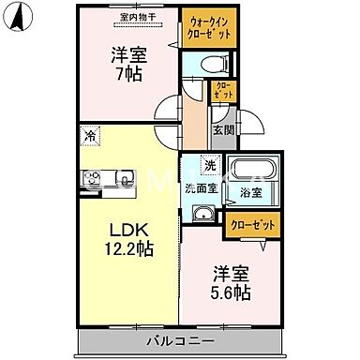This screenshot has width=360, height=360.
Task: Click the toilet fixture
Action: point(214,64)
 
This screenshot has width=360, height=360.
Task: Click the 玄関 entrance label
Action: point(222,130)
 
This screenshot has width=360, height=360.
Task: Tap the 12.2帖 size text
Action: point(127,250)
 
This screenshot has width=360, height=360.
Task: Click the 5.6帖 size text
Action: point(230,292)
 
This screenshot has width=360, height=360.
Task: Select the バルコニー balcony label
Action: point(180,340)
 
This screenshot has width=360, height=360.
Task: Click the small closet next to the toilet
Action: point(223,91)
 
